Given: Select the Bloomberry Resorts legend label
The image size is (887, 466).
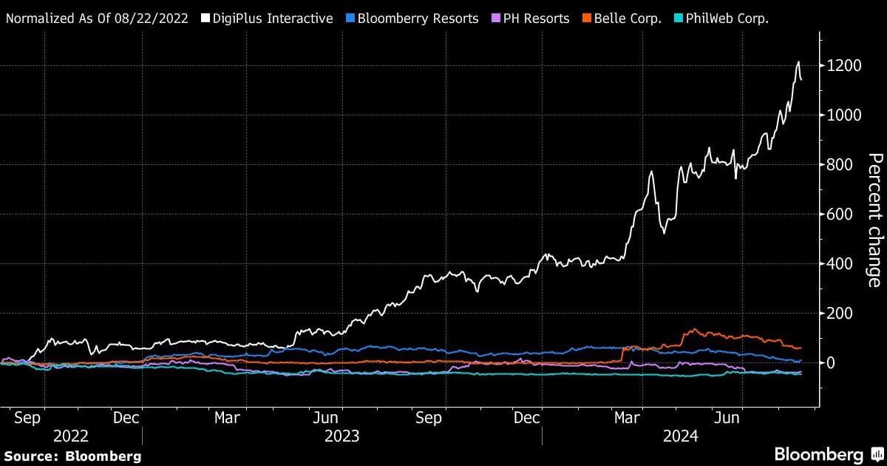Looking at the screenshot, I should point(418,18).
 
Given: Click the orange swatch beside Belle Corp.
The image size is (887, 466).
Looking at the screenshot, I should point(588,18).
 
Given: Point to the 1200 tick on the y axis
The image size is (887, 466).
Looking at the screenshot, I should point(845,66).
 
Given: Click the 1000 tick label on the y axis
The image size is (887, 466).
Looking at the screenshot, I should point(845,115).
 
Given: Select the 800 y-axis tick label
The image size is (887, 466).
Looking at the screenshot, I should point(841,165).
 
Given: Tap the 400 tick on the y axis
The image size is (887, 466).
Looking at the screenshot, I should point(841,264).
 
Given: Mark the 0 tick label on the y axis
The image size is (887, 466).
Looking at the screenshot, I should point(832,363).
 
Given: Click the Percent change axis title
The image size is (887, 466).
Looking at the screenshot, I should point(874,220).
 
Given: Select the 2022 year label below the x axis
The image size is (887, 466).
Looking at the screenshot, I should point(71,436).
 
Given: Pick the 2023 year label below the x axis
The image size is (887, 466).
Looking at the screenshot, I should point(341,436).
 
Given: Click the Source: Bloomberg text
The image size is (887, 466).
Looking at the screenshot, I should point(72,456).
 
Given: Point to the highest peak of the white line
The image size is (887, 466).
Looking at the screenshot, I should point(798,62).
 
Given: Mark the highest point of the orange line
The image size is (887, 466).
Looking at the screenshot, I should point(694,329).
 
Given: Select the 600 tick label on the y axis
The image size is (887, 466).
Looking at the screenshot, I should point(841,215).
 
